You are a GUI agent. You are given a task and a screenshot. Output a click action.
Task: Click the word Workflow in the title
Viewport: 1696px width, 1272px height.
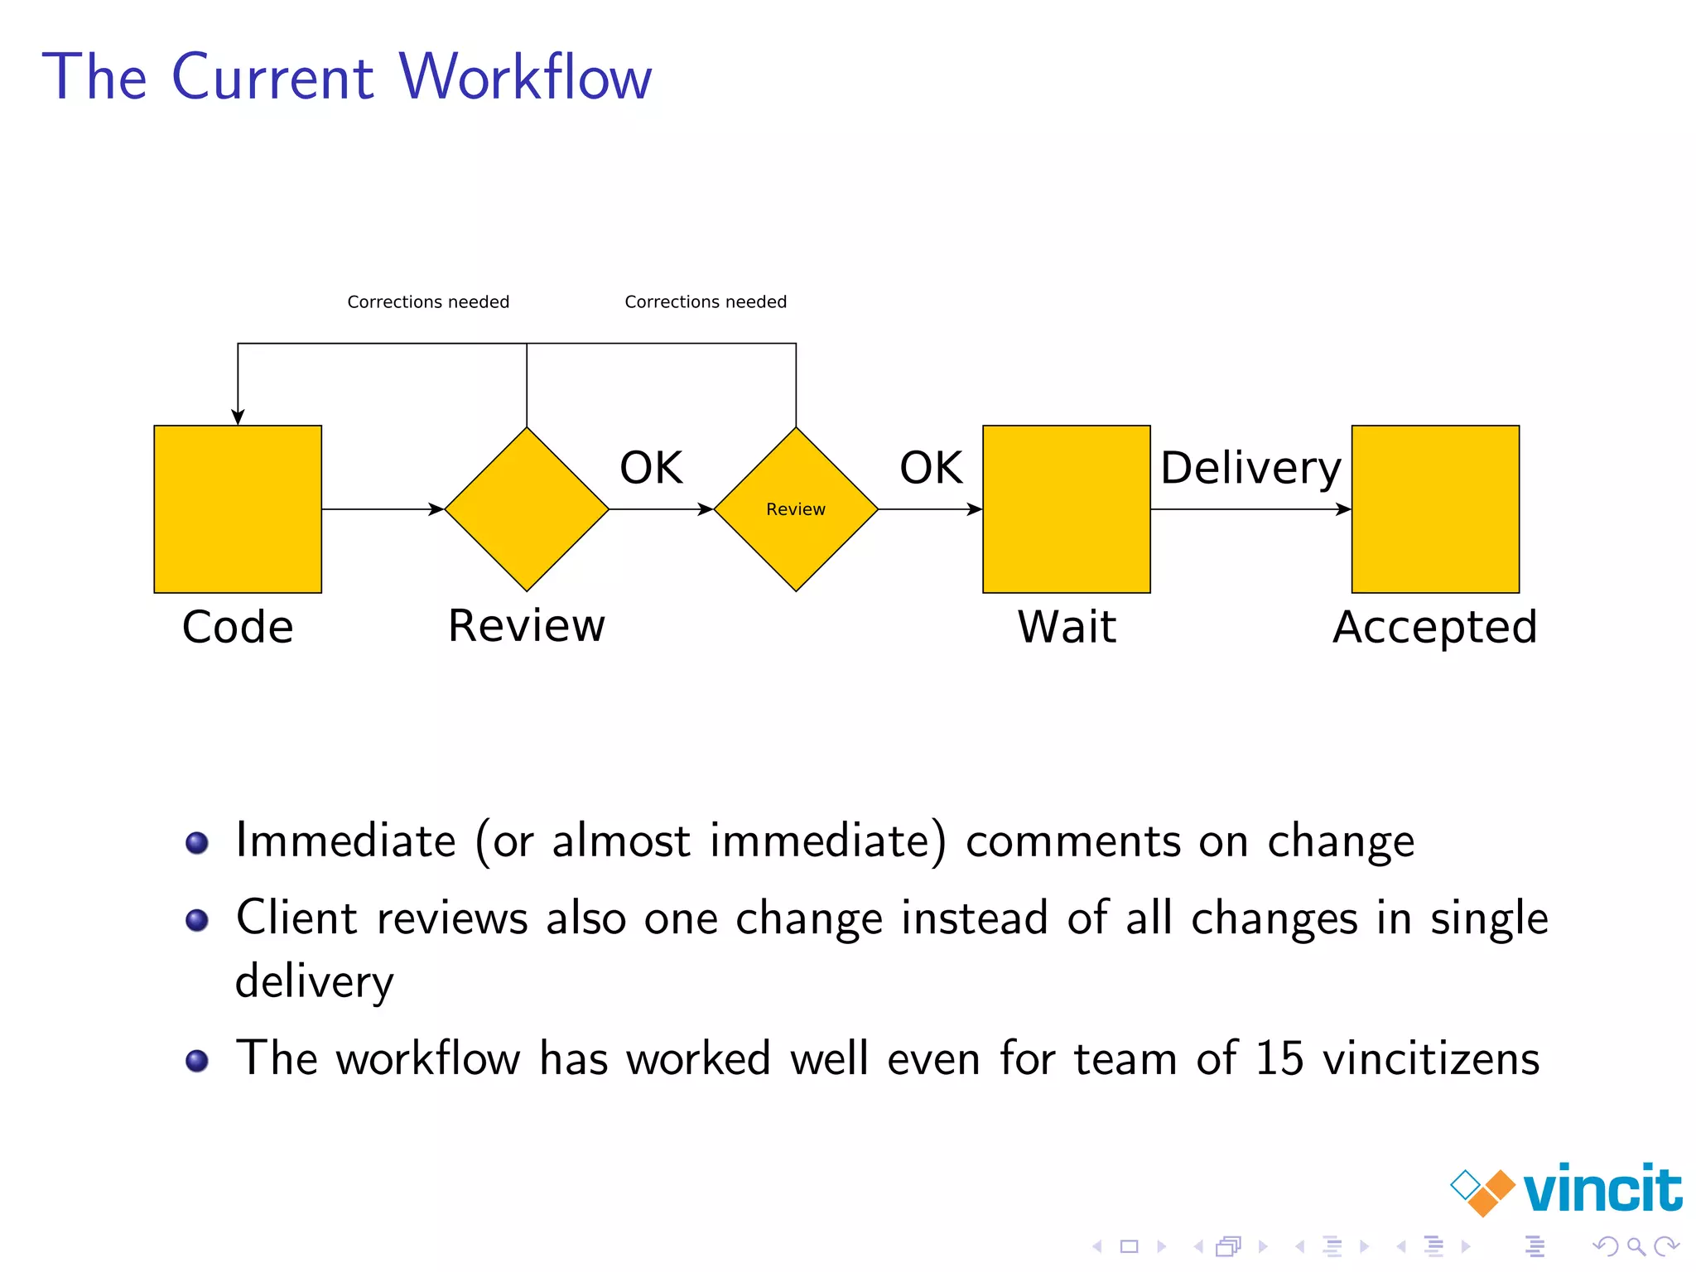point(525,77)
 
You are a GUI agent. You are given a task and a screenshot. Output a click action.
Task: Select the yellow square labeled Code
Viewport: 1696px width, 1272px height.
point(238,509)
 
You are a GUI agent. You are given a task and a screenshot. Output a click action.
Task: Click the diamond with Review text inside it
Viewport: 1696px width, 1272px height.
point(796,509)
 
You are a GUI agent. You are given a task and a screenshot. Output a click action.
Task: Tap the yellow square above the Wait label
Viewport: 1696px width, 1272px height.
point(1067,509)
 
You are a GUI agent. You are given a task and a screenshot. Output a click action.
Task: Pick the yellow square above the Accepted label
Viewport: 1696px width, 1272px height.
point(1435,509)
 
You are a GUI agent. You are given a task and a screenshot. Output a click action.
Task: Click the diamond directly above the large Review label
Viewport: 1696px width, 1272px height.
point(527,509)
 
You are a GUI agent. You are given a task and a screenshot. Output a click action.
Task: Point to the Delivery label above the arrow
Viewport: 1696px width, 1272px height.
point(1250,469)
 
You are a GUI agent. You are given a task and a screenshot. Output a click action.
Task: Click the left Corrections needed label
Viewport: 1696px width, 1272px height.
point(428,302)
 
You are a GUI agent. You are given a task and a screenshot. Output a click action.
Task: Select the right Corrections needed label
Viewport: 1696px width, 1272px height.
point(706,302)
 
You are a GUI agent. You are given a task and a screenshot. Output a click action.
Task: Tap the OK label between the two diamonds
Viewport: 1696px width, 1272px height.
point(651,468)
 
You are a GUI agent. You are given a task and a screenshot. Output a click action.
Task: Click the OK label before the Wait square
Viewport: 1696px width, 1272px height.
point(931,468)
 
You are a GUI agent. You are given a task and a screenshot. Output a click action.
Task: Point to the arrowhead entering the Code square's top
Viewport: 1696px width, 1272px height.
point(238,417)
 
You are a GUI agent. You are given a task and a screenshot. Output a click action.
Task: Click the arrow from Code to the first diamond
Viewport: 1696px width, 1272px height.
point(381,509)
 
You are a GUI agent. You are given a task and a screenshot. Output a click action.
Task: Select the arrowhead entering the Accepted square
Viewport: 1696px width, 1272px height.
point(1343,509)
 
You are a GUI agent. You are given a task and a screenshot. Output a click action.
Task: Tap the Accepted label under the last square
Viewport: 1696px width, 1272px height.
point(1435,627)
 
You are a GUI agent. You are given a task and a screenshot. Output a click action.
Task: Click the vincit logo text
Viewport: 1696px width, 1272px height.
point(1602,1189)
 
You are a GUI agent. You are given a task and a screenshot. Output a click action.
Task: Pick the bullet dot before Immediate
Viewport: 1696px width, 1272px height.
point(197,843)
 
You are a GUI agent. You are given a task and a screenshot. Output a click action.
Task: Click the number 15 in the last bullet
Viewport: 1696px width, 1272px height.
point(1279,1058)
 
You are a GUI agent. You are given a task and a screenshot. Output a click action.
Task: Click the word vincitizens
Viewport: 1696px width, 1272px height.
point(1431,1058)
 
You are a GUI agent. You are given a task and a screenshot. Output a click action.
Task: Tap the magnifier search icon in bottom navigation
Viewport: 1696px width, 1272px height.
point(1636,1246)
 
